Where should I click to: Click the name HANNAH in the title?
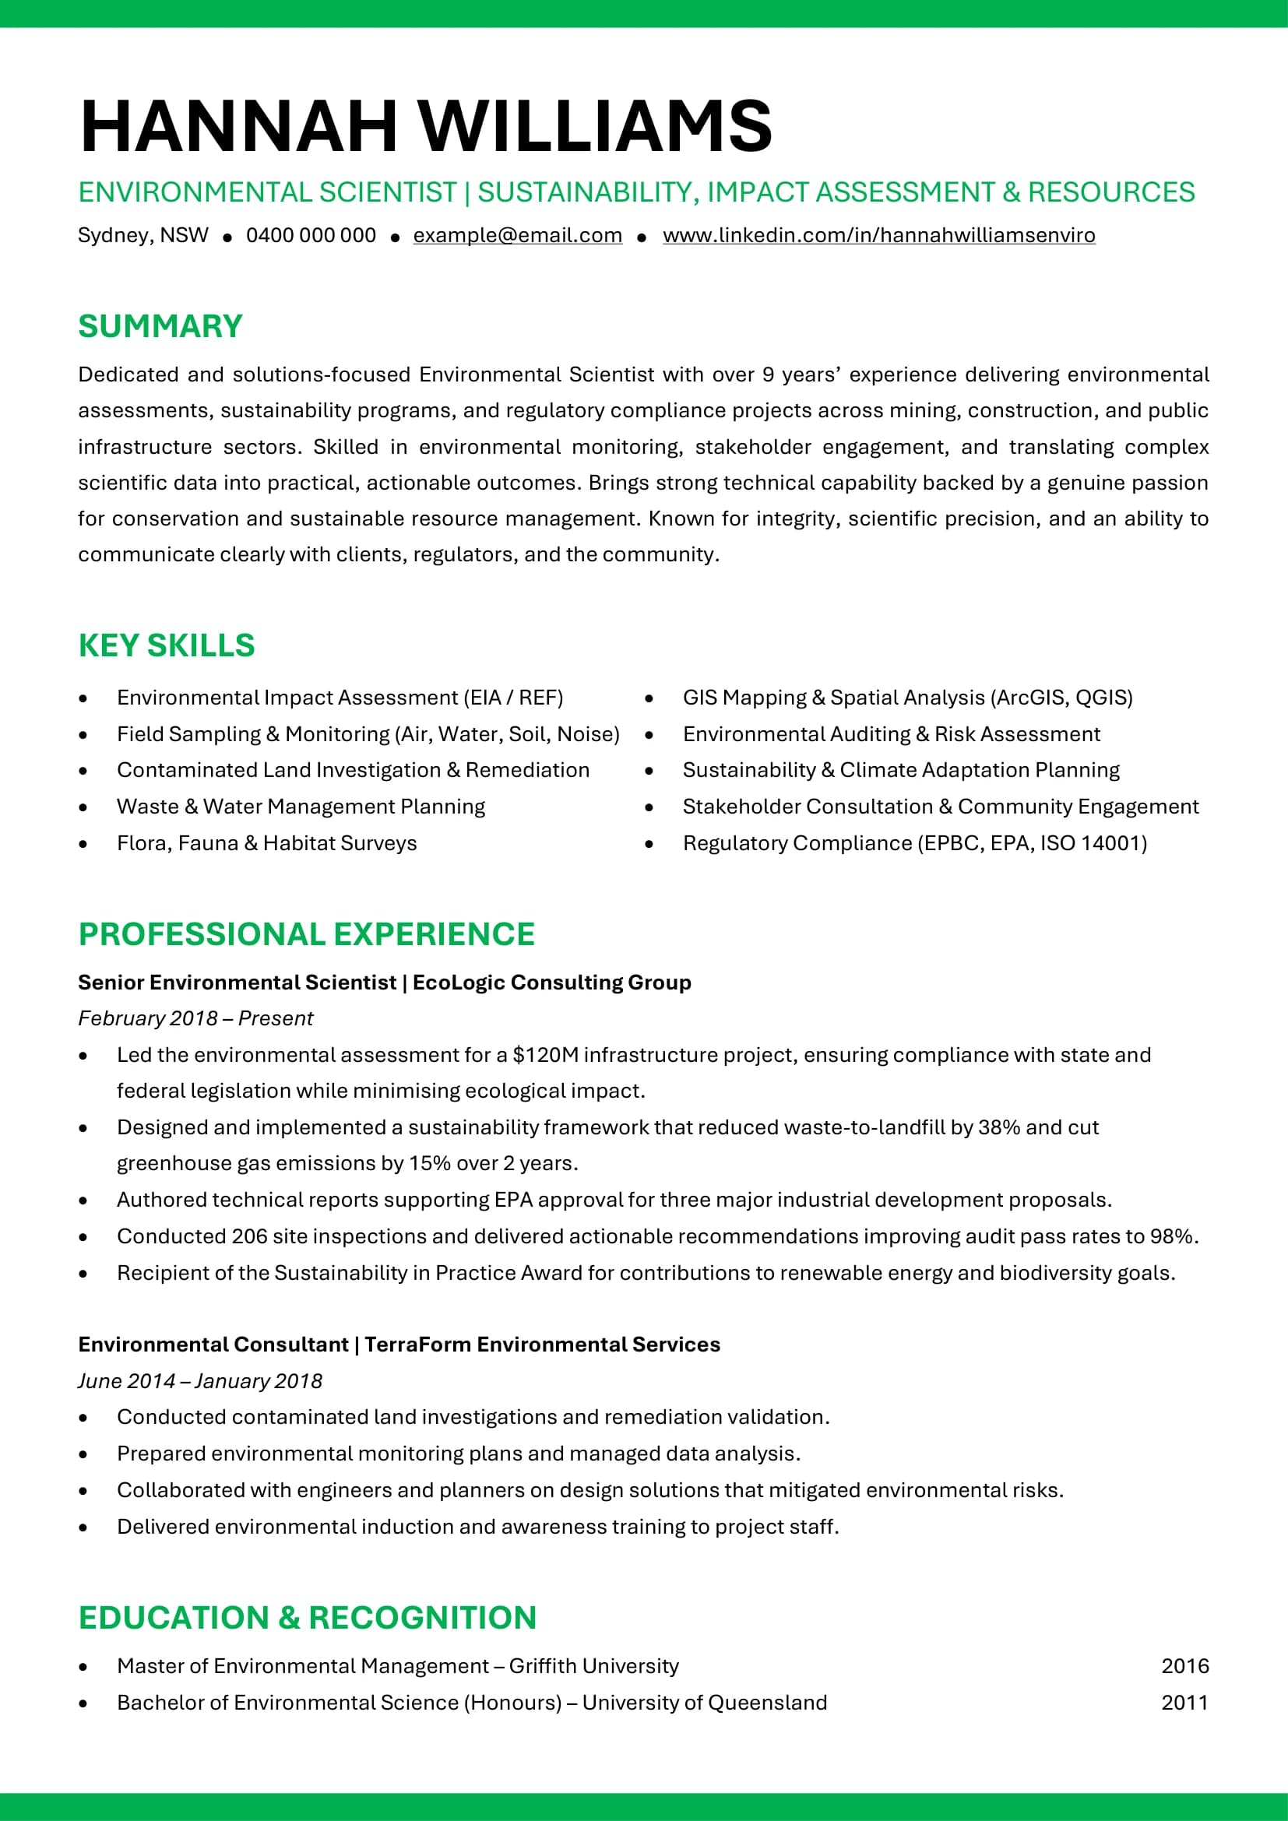[x=238, y=126]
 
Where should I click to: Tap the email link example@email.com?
[x=517, y=236]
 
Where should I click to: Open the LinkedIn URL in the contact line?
[x=878, y=236]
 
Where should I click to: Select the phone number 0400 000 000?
[x=311, y=236]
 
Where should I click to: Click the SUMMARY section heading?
[x=160, y=326]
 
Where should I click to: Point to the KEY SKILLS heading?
[x=167, y=645]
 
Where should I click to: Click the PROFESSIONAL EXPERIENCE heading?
[x=306, y=934]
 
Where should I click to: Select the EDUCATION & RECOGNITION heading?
[x=308, y=1618]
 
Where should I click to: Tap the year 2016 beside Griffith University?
[x=1185, y=1666]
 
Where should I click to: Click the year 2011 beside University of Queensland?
[x=1185, y=1703]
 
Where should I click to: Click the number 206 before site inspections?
[x=249, y=1236]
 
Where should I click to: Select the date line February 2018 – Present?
[x=195, y=1018]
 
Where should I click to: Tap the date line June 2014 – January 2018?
[x=200, y=1381]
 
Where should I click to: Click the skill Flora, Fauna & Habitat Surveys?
[x=266, y=843]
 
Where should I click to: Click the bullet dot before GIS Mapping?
[x=649, y=698]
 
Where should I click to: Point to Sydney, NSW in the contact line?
[x=143, y=236]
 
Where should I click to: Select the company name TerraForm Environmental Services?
[x=543, y=1345]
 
